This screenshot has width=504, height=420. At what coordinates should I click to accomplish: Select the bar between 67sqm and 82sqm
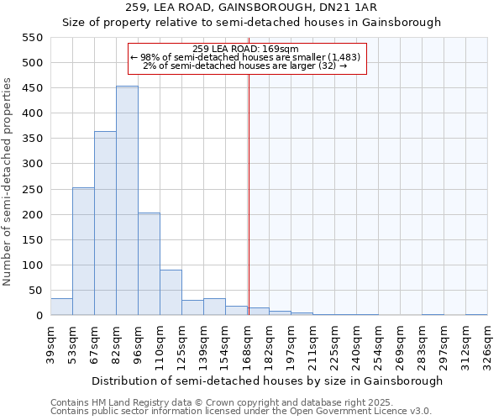click(x=105, y=223)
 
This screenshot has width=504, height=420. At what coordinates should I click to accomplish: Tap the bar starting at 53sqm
click(x=83, y=252)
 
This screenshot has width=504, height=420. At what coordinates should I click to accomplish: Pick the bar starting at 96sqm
click(x=149, y=265)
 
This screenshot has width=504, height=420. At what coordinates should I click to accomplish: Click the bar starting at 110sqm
click(x=171, y=292)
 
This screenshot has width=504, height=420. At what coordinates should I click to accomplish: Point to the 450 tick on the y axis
click(x=33, y=88)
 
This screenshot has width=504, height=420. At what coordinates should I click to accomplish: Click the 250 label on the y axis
click(x=33, y=190)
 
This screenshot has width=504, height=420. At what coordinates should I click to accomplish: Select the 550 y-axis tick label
click(x=33, y=38)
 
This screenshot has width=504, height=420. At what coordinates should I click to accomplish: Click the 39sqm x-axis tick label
click(x=51, y=344)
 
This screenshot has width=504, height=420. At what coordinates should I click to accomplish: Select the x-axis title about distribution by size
click(x=267, y=381)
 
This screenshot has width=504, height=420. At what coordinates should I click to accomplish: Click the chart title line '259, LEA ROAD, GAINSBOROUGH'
click(x=251, y=8)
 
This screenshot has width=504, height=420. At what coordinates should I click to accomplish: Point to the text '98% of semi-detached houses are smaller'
click(x=245, y=57)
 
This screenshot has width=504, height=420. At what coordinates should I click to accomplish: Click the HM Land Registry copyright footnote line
click(x=222, y=402)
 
